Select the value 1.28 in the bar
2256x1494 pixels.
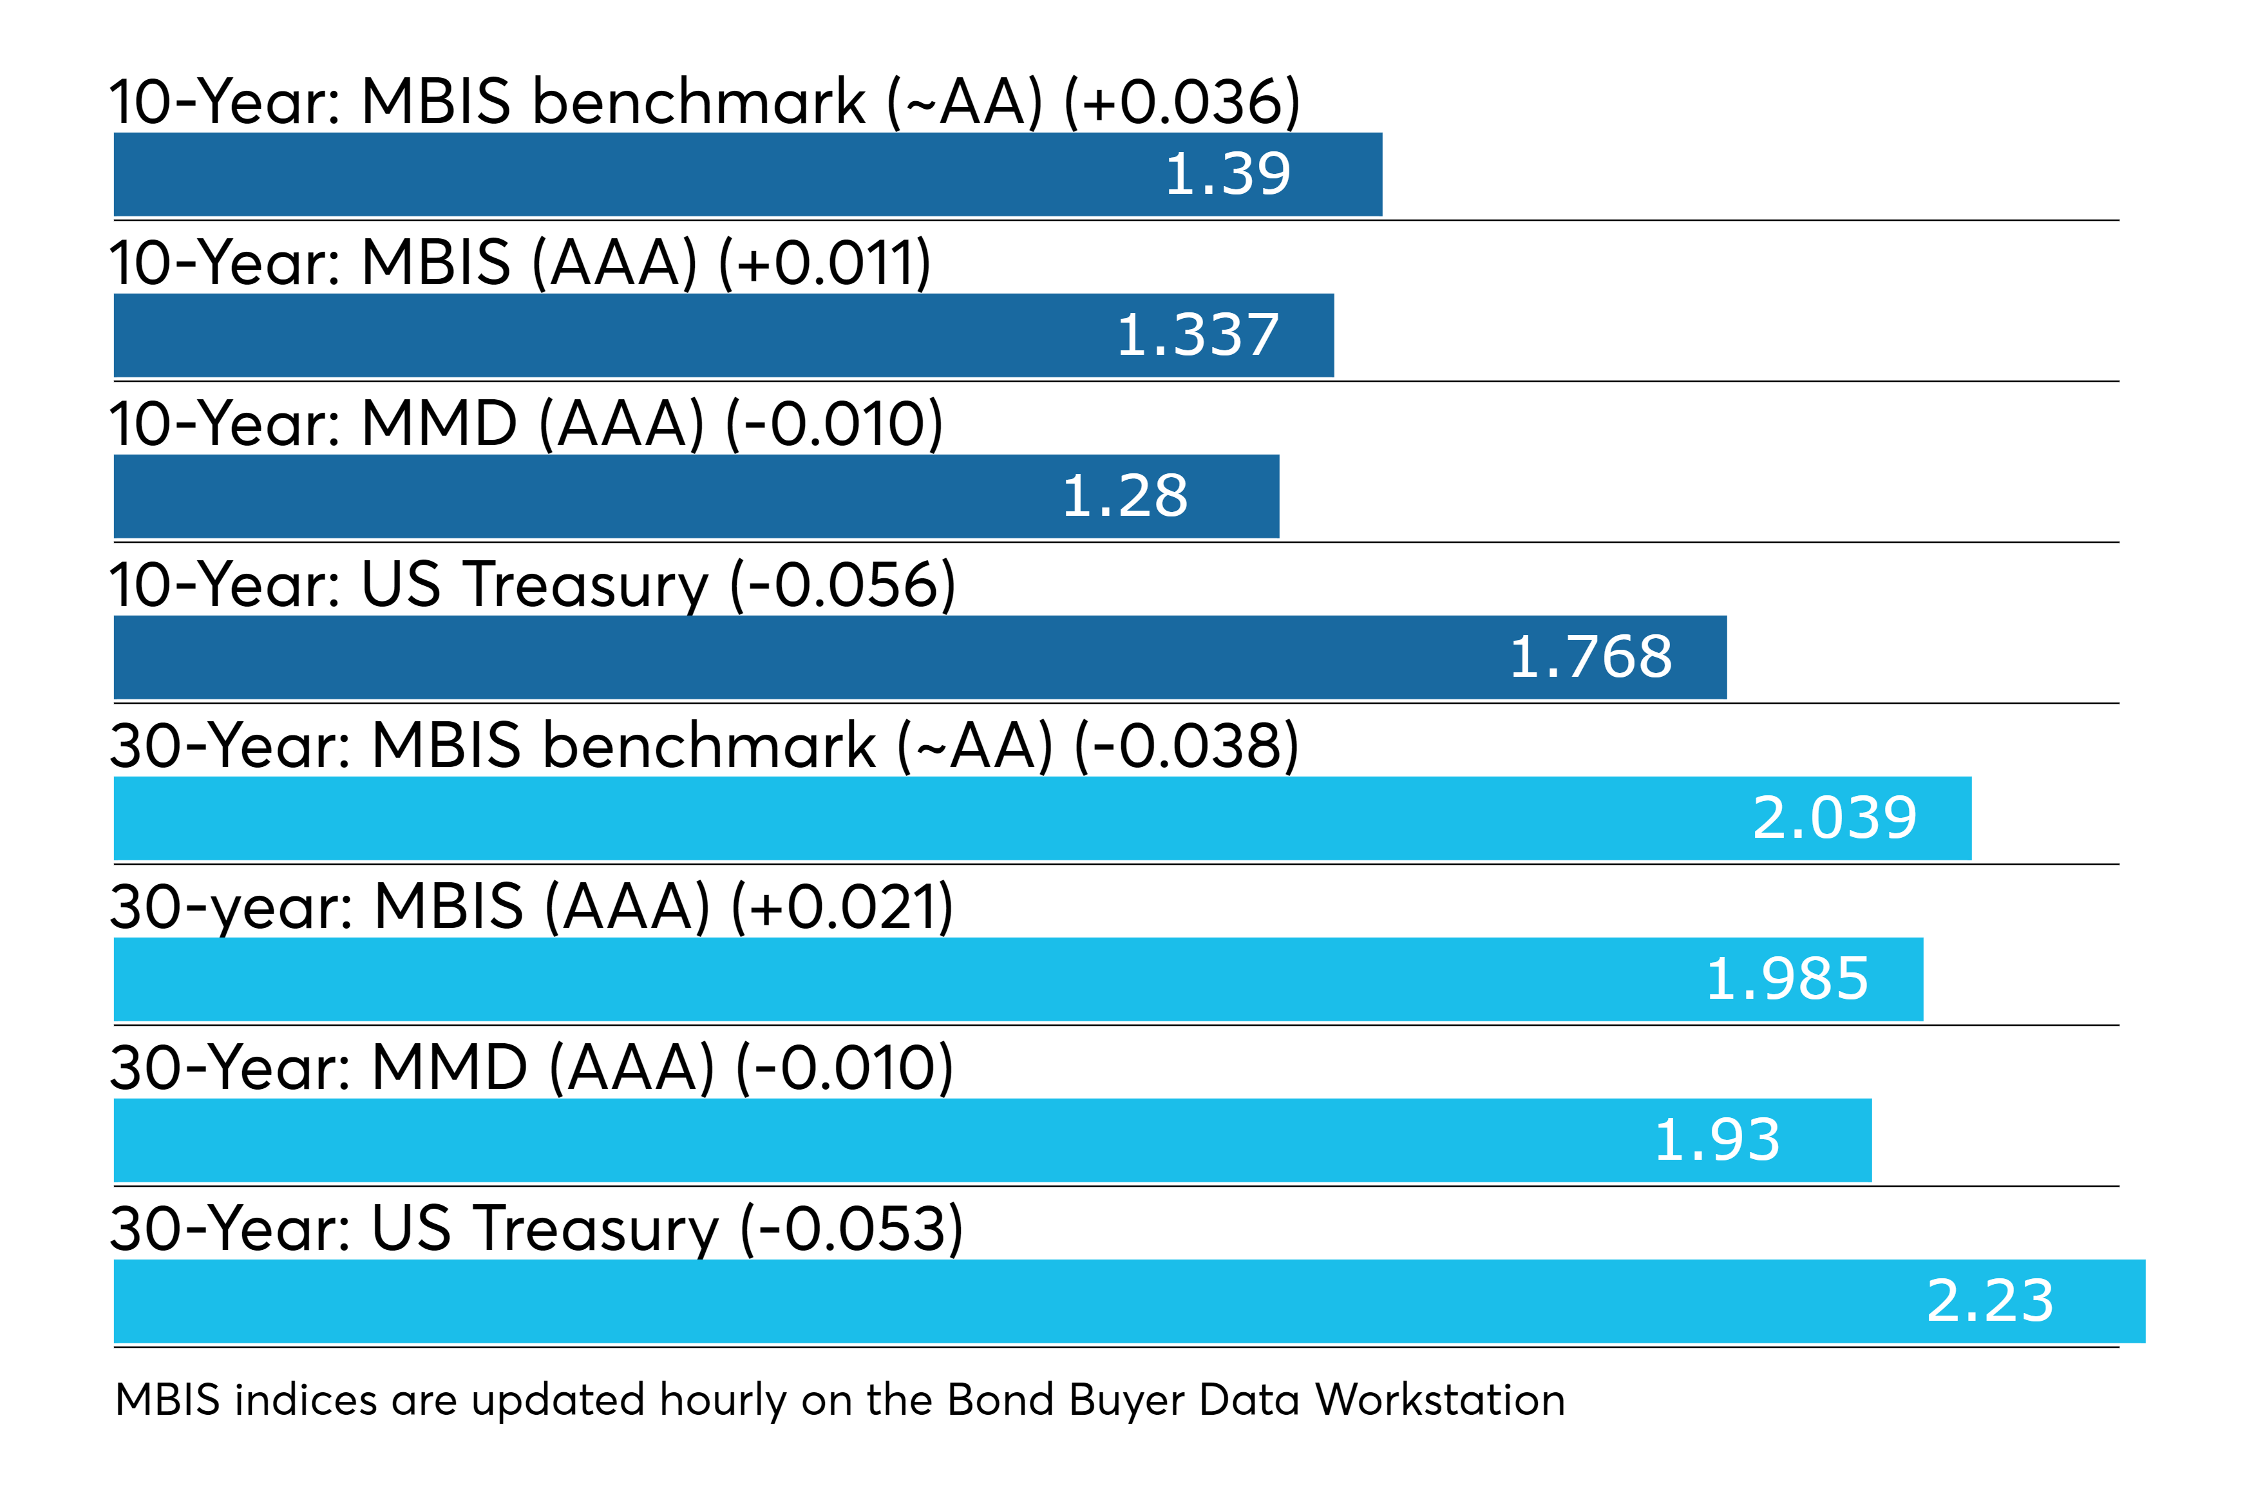pos(1124,497)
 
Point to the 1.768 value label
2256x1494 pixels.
pos(1590,658)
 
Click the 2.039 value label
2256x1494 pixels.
pos(1834,819)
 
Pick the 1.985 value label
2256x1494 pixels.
pos(1787,980)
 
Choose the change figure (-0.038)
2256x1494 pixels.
pos(1186,746)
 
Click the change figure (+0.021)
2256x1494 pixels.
pos(842,907)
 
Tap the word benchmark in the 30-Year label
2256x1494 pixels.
pos(708,746)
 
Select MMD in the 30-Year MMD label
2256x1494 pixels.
pos(449,1068)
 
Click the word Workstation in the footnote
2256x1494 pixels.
pos(1439,1401)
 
